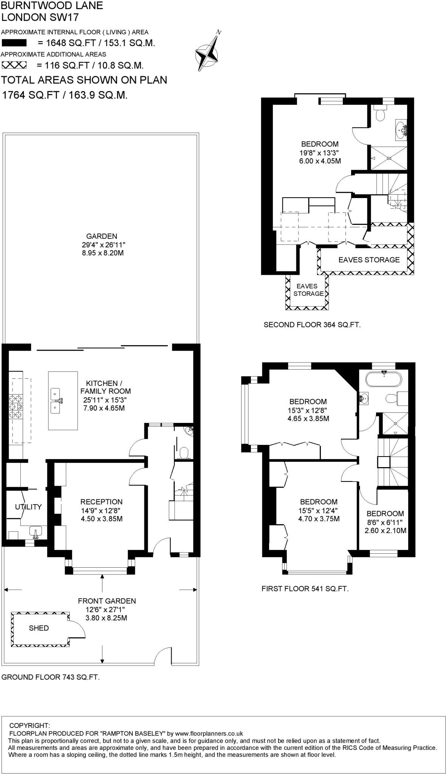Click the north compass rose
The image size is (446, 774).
pyautogui.click(x=208, y=52)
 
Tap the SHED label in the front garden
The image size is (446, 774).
pyautogui.click(x=39, y=628)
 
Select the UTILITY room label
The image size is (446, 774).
pyautogui.click(x=28, y=507)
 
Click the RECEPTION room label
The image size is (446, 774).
pyautogui.click(x=101, y=502)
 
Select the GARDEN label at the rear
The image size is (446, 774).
pyautogui.click(x=102, y=236)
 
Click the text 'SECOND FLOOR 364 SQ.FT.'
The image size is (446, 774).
pyautogui.click(x=312, y=325)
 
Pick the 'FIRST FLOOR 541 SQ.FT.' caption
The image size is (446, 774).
pyautogui.click(x=305, y=588)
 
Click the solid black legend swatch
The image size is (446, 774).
pyautogui.click(x=14, y=43)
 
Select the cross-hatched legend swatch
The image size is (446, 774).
pyautogui.click(x=14, y=65)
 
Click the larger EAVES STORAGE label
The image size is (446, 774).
pyautogui.click(x=369, y=260)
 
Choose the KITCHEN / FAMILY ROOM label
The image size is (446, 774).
pyautogui.click(x=105, y=387)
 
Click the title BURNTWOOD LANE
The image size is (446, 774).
pyautogui.click(x=52, y=6)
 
